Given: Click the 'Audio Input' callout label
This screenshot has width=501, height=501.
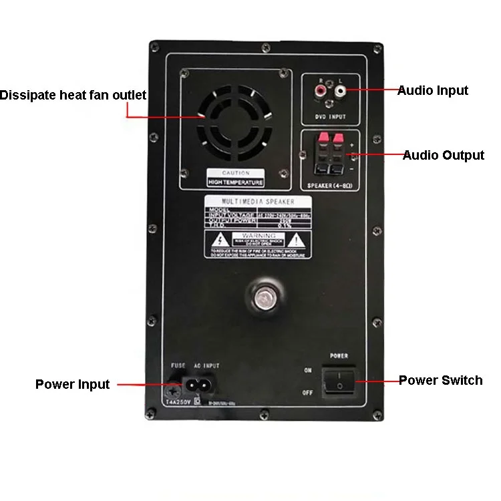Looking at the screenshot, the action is (432, 90).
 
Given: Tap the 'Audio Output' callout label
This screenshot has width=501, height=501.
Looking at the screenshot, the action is (443, 156).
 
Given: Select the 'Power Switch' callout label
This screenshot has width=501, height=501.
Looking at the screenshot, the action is (440, 381).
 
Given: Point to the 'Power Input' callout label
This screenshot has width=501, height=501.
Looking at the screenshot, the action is (72, 384).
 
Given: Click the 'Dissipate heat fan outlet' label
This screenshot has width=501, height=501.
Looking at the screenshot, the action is (73, 96).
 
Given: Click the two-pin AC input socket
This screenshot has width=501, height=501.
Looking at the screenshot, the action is (199, 384).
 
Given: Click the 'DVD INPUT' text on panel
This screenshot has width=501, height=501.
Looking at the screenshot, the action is (331, 117).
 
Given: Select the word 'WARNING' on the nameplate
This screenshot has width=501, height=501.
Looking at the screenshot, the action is (258, 236).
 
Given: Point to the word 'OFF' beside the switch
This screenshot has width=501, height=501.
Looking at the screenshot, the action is (307, 393).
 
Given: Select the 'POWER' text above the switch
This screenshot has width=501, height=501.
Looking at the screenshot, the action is (339, 356).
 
